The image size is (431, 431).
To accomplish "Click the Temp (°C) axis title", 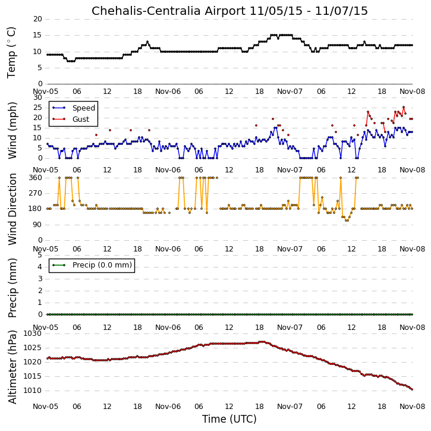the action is point(11,52).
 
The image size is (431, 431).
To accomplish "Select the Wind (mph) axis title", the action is point(12,130).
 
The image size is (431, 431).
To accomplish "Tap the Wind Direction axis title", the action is point(12,209).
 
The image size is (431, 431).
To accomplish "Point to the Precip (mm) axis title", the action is point(12,288).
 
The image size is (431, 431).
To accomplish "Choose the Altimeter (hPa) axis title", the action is point(12,367).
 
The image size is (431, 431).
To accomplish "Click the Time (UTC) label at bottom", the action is point(229,419).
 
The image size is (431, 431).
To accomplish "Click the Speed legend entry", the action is point(84,108).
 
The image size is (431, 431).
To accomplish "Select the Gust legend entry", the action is point(81,119).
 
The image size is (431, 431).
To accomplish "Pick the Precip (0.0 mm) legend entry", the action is point(102,265).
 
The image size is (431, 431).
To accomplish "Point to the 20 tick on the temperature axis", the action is point(37,19).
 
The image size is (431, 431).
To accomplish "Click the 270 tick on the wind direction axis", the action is point(36,193).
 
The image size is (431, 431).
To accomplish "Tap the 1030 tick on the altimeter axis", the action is point(33,334).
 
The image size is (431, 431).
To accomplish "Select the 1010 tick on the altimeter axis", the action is point(33,391).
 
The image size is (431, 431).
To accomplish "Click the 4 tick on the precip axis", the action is point(40,267).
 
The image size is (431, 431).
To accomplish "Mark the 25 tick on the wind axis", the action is point(37,108).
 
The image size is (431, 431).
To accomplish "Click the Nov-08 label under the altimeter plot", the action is point(413,407).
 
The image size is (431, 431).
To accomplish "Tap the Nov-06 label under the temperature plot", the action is point(168,92).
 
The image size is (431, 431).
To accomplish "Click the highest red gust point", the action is point(404,107).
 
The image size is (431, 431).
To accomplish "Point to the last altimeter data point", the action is point(412,389).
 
